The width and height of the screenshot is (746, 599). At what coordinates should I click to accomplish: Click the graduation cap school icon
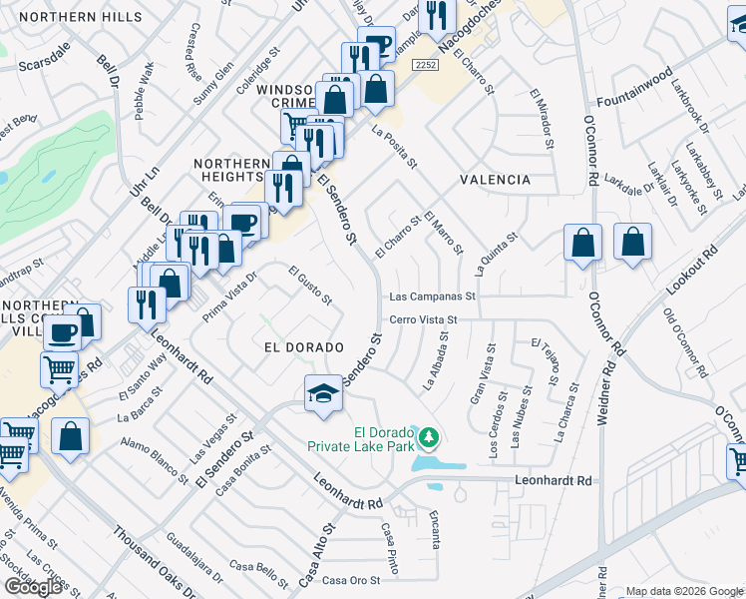[323, 392]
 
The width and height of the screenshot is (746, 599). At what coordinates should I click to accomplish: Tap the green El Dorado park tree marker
[429, 436]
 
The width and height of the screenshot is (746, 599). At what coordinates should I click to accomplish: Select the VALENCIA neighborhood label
[495, 180]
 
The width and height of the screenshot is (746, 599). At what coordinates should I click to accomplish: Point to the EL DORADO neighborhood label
[303, 346]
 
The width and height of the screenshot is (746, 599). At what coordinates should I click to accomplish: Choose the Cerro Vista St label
[422, 319]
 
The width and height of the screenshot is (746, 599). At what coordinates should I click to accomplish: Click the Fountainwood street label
[634, 102]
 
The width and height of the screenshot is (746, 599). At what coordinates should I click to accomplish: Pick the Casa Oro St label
[349, 580]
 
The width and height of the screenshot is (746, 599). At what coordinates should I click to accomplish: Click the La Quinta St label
[498, 256]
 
